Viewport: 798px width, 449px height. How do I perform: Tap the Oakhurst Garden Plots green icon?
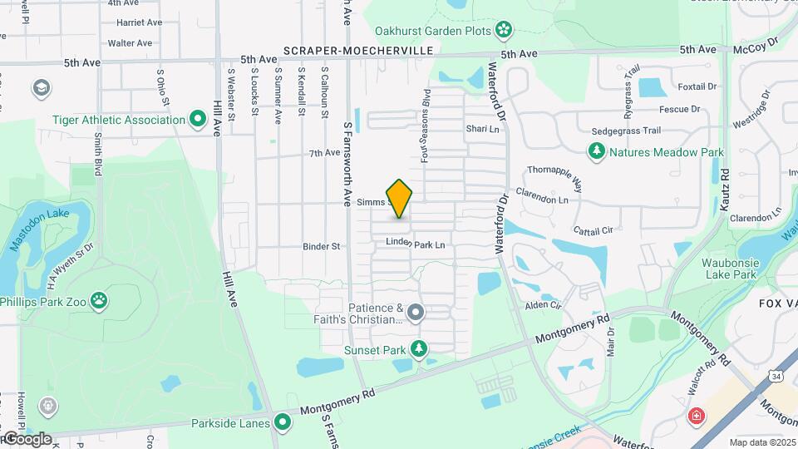point(503,32)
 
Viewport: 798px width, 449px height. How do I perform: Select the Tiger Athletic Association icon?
point(198,120)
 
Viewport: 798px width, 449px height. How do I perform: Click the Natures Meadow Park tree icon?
point(596,151)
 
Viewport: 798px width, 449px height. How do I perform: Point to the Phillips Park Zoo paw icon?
point(100,299)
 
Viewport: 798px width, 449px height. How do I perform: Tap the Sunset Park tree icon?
point(420,349)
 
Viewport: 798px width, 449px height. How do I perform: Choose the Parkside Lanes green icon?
point(283,422)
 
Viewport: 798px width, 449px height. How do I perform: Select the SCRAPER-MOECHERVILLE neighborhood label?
point(358,51)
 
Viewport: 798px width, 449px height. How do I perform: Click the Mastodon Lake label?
point(39,229)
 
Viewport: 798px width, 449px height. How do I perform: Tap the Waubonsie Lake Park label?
point(731,269)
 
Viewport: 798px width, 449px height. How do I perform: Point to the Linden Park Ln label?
point(415,244)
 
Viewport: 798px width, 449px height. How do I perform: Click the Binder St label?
point(322,246)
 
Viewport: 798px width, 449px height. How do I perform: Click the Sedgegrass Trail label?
point(626,131)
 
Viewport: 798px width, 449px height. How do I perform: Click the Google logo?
point(27,439)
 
